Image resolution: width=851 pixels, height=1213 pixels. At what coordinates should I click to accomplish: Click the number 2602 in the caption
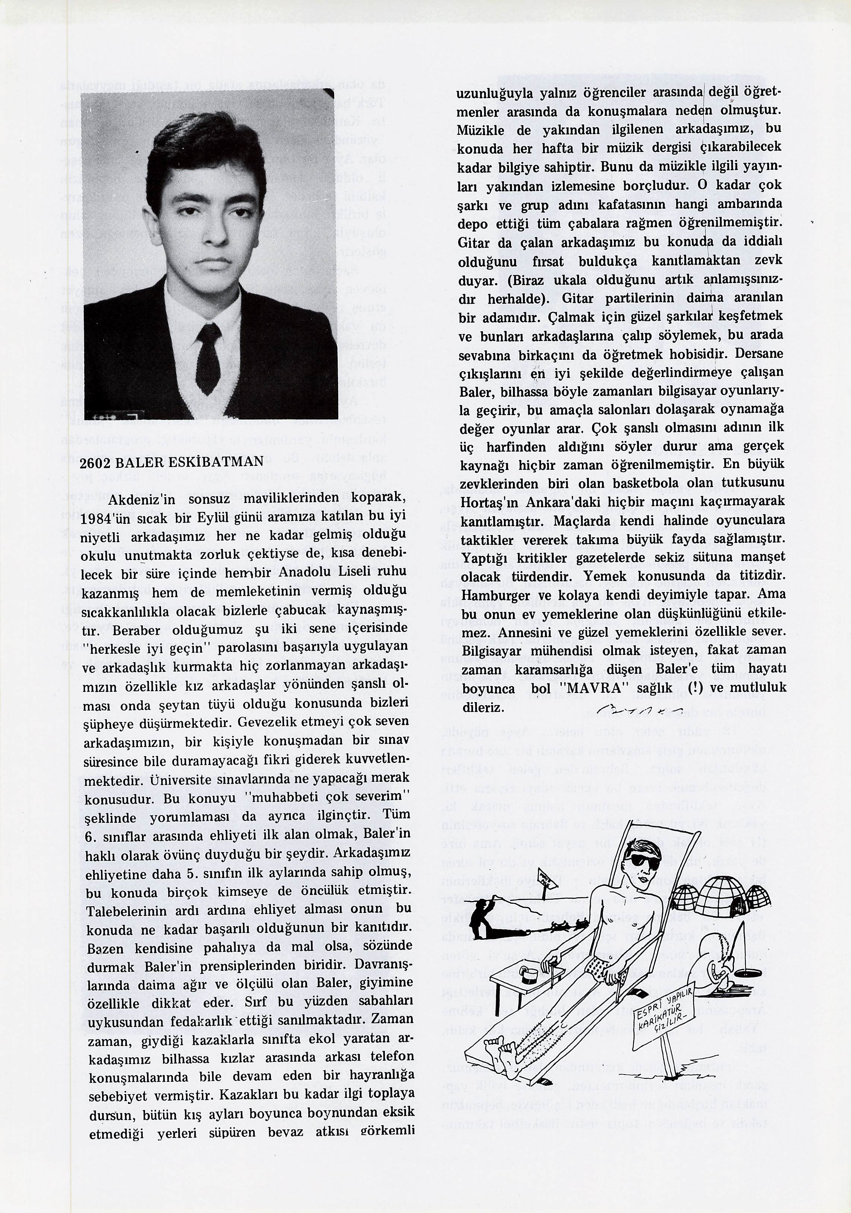95,463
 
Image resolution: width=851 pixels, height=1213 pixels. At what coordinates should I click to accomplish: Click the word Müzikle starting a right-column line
480,130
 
